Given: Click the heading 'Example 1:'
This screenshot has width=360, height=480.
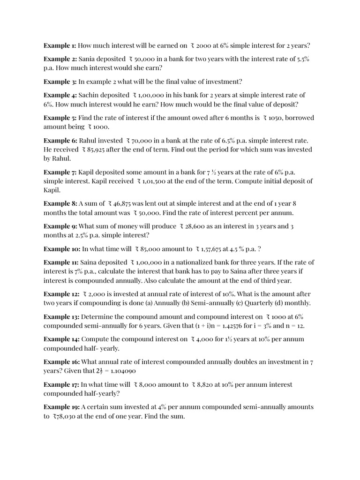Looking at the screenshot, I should coord(60,45).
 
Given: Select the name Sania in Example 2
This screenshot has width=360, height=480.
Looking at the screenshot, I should coord(88,59).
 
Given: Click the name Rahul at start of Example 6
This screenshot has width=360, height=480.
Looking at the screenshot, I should coord(88,141).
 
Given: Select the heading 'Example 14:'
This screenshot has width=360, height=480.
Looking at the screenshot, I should coord(62,339).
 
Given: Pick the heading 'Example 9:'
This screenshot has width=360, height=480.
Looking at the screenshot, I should coord(60,226).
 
